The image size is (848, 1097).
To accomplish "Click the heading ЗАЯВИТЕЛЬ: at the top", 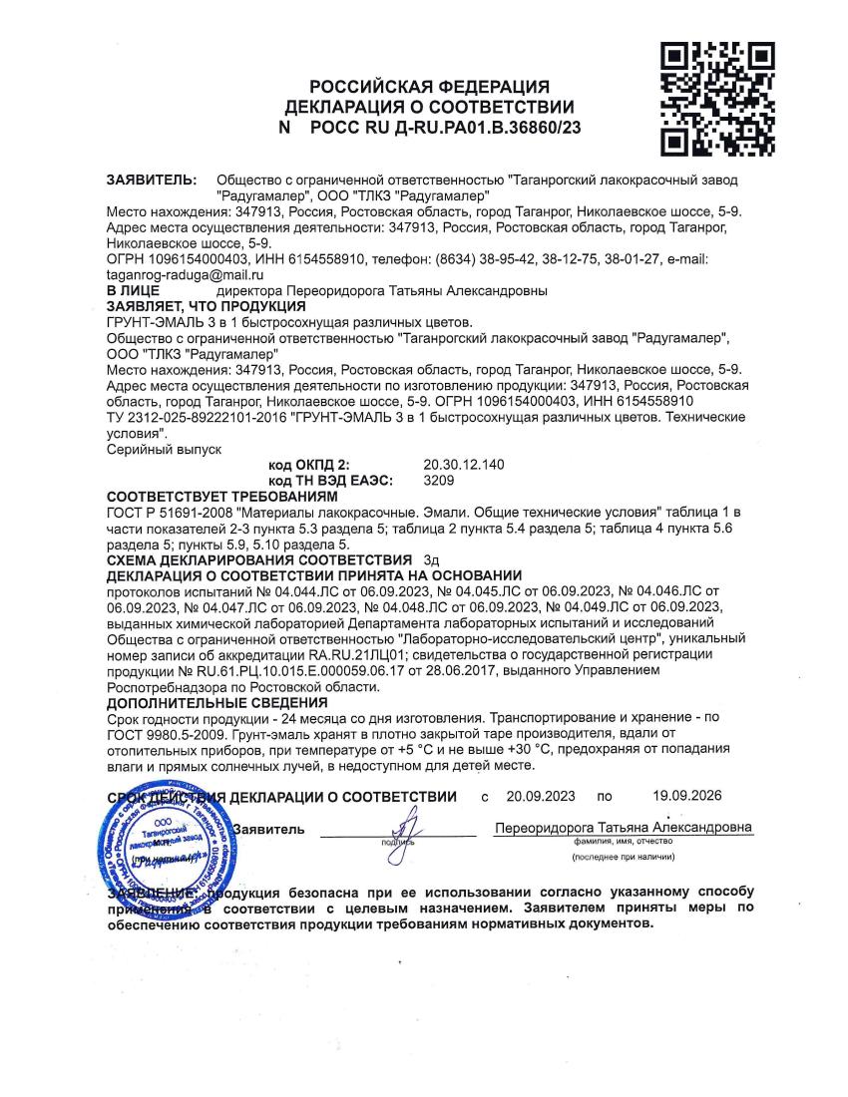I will [151, 181].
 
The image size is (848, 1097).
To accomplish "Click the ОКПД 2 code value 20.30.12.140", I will [465, 465].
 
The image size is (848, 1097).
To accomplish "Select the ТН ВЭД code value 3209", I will [438, 480].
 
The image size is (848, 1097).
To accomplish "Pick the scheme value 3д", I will [431, 559].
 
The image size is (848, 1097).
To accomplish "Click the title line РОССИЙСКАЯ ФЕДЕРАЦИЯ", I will [429, 88].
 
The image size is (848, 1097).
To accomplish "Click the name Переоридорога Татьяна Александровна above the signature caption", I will [624, 829].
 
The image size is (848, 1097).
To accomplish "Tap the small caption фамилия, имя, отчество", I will [624, 843].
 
